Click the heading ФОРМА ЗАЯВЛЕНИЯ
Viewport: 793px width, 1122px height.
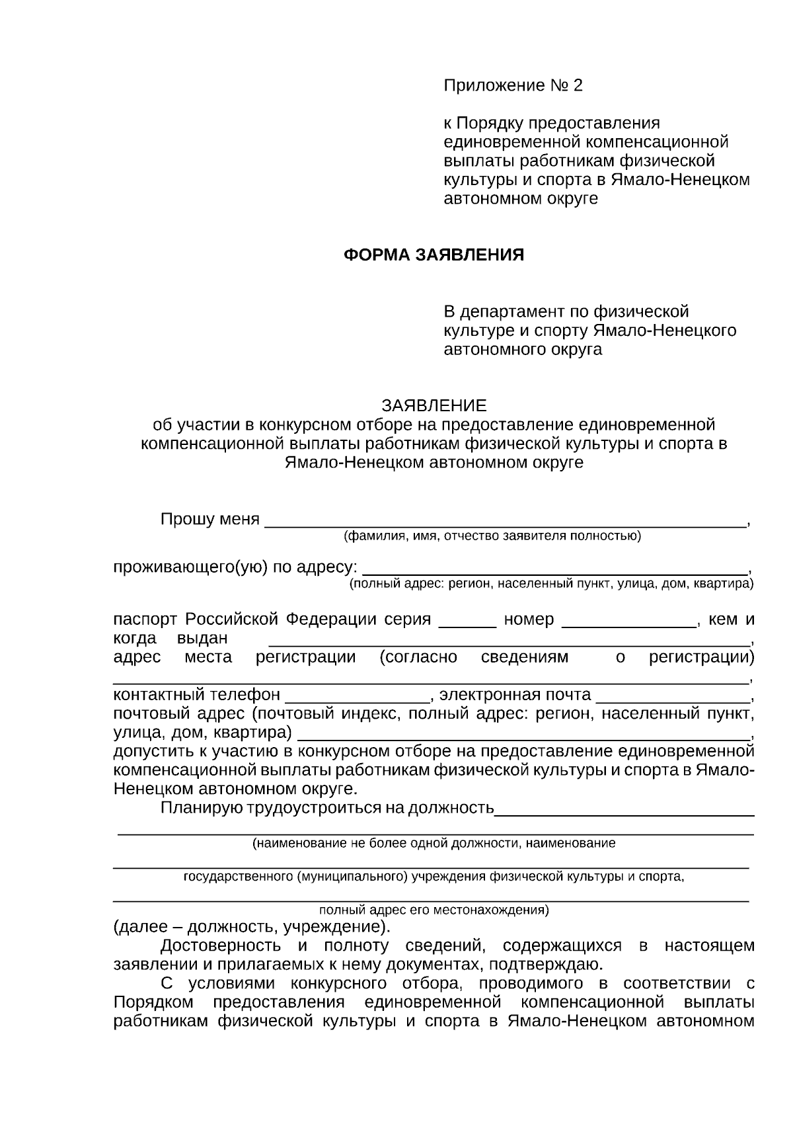pyautogui.click(x=434, y=255)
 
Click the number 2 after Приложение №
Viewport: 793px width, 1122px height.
pyautogui.click(x=578, y=86)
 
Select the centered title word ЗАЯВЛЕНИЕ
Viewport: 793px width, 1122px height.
pyautogui.click(x=434, y=405)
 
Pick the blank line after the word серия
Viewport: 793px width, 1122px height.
pyautogui.click(x=467, y=622)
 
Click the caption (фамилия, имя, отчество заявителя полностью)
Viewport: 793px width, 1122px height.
pyautogui.click(x=492, y=536)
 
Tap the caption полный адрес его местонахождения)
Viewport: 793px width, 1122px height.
pyautogui.click(x=434, y=910)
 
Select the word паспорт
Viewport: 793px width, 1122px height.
pyautogui.click(x=145, y=620)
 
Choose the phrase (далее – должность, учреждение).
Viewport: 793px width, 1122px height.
pyautogui.click(x=252, y=927)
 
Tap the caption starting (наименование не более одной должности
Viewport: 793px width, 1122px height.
pyautogui.click(x=434, y=844)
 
